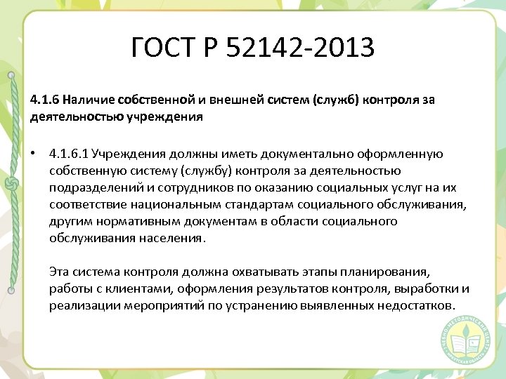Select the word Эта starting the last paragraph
click(60, 272)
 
